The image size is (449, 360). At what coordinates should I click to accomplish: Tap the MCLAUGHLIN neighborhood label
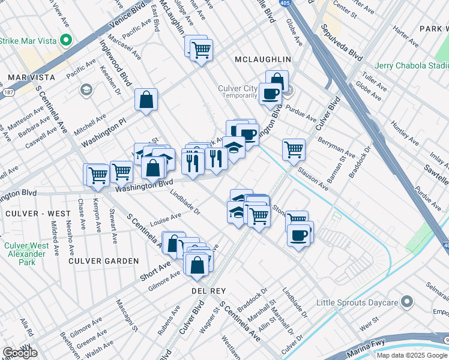tap(262, 59)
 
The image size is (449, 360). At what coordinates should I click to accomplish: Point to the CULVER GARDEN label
tap(103, 261)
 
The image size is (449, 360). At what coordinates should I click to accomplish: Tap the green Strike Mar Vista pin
tap(67, 41)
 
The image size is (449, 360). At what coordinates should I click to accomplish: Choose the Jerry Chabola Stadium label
tap(411, 65)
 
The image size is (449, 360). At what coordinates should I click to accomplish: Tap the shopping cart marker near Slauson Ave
tap(294, 149)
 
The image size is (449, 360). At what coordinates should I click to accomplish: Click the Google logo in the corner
tap(20, 353)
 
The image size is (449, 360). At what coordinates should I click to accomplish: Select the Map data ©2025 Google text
tap(412, 355)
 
